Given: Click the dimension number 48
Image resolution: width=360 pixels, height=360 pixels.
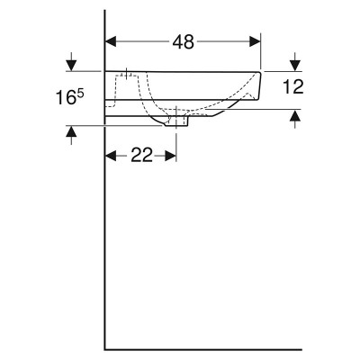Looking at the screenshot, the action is pos(184,41).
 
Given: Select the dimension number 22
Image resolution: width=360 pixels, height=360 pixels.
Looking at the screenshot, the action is pos(141,156).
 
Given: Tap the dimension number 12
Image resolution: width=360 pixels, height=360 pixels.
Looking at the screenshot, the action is pos(293,86).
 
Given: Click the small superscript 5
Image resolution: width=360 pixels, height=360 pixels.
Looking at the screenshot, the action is pos(81,94).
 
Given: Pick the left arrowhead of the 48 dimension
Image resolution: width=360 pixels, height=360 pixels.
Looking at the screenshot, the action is pos(111,41).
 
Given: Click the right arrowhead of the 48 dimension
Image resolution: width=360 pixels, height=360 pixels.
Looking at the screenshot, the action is pos(255,41).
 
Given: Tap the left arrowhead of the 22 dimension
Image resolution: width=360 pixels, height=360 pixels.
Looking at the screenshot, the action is pos(111,156).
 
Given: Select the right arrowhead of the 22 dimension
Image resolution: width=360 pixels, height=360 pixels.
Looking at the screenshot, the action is pos(170,156).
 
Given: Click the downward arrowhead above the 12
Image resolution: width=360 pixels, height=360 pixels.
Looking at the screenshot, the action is pos(295,65).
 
